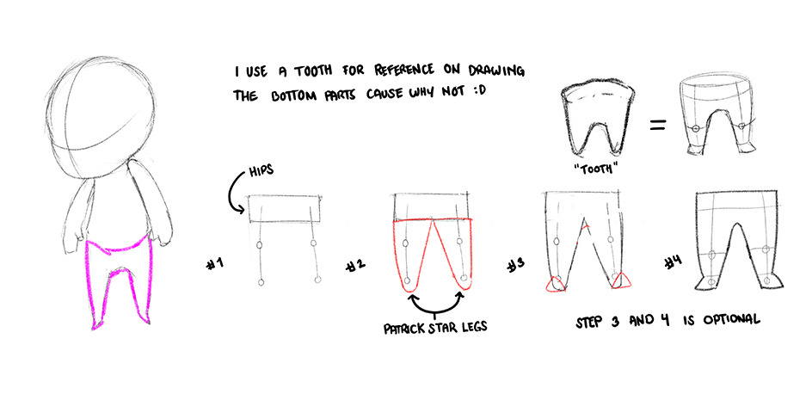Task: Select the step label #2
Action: (356, 265)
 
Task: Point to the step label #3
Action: (515, 265)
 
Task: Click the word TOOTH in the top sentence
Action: (315, 71)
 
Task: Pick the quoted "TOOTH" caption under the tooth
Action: (594, 168)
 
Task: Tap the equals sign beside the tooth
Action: (658, 125)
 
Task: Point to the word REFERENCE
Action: (403, 71)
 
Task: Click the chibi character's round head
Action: (102, 118)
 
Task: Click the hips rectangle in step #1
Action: (285, 209)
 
